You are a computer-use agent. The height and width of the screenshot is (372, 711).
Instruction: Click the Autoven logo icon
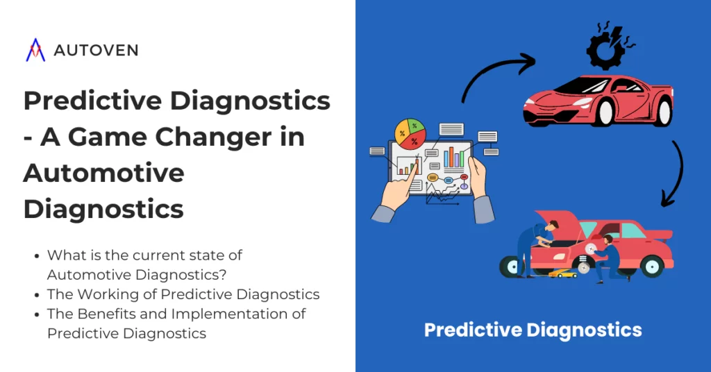(35, 50)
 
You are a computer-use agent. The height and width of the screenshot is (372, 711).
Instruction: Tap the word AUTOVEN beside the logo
(95, 50)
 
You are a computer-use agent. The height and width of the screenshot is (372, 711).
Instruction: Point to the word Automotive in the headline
(103, 172)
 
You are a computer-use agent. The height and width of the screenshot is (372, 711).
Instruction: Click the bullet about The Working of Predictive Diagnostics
(183, 294)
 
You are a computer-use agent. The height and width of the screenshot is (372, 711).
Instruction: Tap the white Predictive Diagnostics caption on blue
(533, 330)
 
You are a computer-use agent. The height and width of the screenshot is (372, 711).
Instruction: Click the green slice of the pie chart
(415, 126)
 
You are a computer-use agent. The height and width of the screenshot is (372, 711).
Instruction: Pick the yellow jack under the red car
(562, 273)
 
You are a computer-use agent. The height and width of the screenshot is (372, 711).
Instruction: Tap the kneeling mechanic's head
(608, 240)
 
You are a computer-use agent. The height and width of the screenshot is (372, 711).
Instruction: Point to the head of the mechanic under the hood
(553, 226)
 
